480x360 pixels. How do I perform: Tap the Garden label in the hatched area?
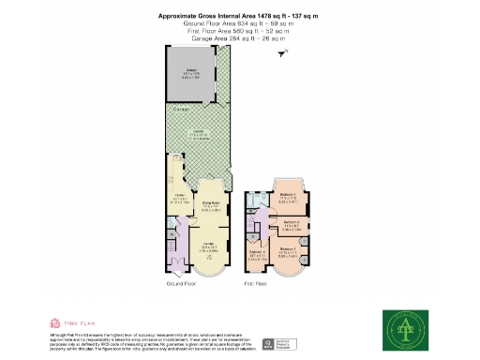[x=198, y=133]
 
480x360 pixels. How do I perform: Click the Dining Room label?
[x=211, y=205]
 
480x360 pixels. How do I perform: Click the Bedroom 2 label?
[x=288, y=196]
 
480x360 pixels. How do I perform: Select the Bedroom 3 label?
[x=291, y=222]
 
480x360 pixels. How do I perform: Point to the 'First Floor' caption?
[x=257, y=281]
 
